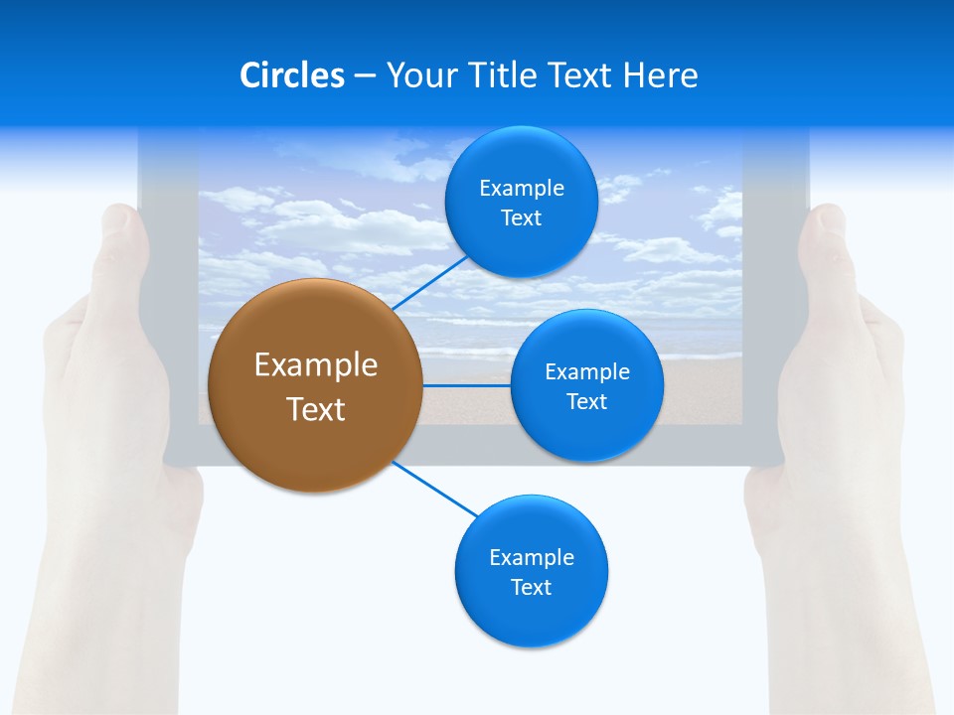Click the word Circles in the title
pos(291,75)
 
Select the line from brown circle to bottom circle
pos(435,489)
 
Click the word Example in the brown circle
pos(316,365)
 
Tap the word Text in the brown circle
pos(316,409)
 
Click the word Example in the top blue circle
pos(522,189)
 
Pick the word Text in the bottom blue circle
pos(531,588)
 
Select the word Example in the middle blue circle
pos(587,372)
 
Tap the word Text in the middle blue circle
pos(586,402)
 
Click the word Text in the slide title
pos(581,75)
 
